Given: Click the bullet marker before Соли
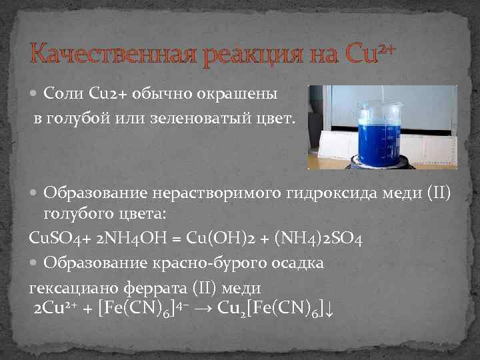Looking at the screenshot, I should click(35, 94).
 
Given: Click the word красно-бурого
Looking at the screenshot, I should click(219, 263).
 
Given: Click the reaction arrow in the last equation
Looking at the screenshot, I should click(204, 309).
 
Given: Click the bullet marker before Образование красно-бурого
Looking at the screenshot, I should click(35, 263).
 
